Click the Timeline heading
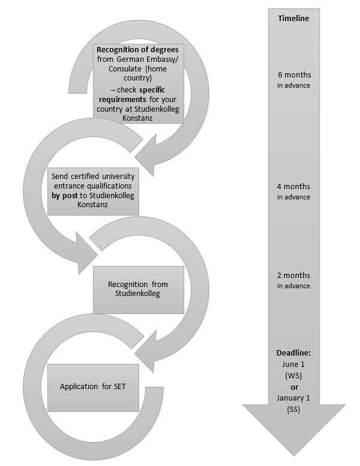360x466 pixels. coord(293,19)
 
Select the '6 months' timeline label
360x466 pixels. coord(293,75)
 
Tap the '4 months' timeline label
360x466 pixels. coord(293,187)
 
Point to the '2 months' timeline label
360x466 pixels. coord(293,276)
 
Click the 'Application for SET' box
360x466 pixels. coord(94,387)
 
